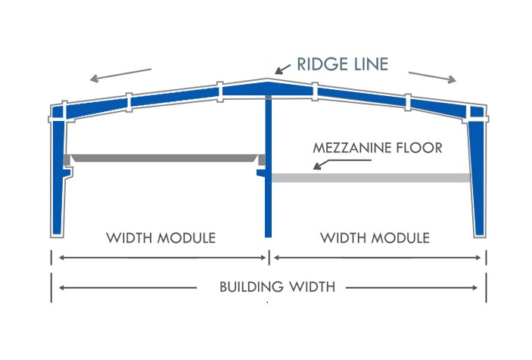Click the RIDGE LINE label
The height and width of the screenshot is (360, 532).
(x=342, y=64)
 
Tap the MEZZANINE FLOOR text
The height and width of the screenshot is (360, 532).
(x=378, y=148)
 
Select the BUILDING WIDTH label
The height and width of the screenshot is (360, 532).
(x=278, y=287)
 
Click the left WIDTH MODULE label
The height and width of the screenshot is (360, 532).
(x=161, y=238)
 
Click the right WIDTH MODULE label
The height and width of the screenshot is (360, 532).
(x=375, y=238)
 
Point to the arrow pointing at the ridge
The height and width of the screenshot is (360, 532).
(x=282, y=69)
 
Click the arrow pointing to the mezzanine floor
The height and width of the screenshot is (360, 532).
(x=342, y=164)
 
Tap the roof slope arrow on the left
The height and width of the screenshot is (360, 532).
(x=120, y=76)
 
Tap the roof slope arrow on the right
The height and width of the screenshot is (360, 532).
(x=432, y=77)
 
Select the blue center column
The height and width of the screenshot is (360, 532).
(x=269, y=166)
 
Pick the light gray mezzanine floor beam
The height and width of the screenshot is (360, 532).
(x=371, y=178)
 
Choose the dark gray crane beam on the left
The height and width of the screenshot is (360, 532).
(x=164, y=158)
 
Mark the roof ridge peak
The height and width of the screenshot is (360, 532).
(x=268, y=80)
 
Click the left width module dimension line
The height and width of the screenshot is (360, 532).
(x=163, y=258)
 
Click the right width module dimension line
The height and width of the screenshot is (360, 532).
(x=378, y=258)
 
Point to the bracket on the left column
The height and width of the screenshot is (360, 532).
(x=67, y=172)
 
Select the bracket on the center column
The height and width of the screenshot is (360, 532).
(x=261, y=173)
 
